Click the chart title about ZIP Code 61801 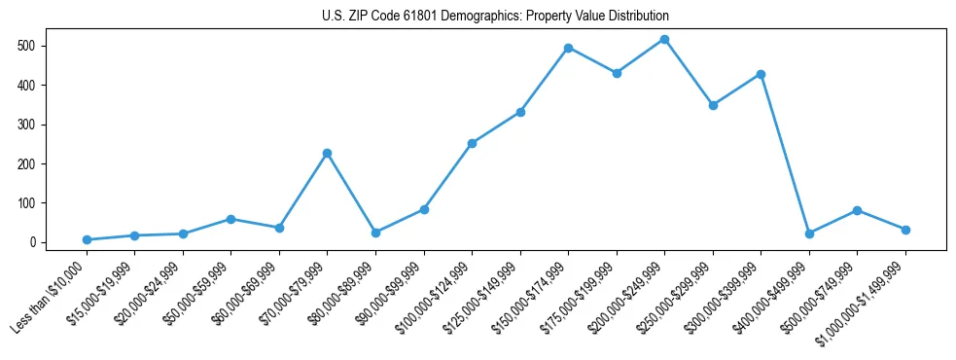pos(495,17)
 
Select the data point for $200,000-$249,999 pos(664,40)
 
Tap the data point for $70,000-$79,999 pos(327,153)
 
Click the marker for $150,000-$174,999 pos(568,48)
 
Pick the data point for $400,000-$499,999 pos(808,234)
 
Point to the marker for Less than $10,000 pos(87,239)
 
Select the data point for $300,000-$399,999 pos(761,74)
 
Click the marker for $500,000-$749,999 pos(857,210)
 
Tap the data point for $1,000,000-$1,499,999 pos(905,230)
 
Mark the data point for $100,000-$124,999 pos(472,143)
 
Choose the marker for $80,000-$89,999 pos(375,233)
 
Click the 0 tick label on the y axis pos(32,242)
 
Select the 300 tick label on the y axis pos(26,125)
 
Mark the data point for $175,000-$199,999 pos(617,73)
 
